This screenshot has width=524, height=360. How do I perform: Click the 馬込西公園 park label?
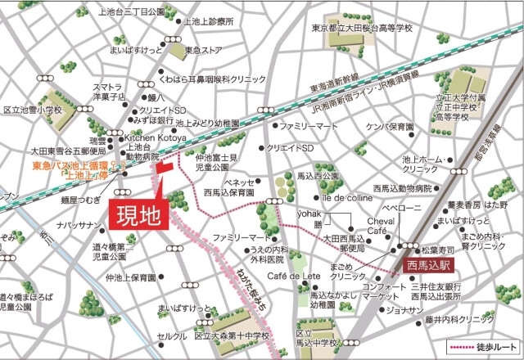coord(318,176)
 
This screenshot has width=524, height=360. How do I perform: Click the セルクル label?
coord(173,335)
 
